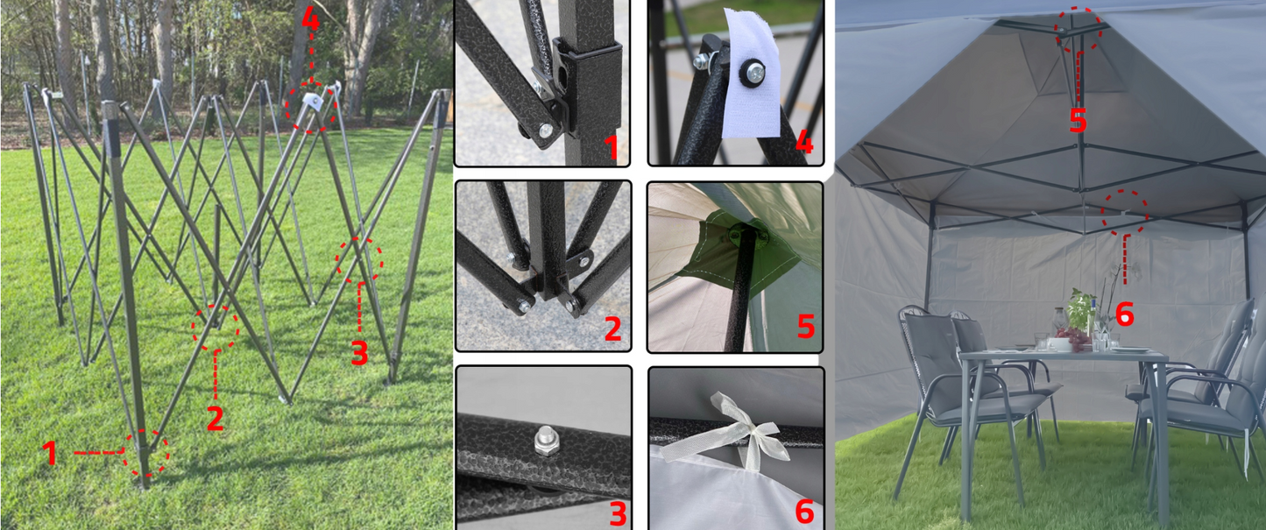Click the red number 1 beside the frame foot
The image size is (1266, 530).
click(x=50, y=453)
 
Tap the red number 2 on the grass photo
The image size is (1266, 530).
click(x=215, y=419)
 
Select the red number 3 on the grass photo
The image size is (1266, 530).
click(x=359, y=353)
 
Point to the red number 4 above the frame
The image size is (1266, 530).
click(x=310, y=18)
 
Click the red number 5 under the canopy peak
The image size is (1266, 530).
click(x=1078, y=120)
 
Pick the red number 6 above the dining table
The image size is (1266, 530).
click(x=1125, y=314)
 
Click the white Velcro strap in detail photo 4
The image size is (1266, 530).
click(x=753, y=74)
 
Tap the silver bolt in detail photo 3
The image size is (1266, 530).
click(x=547, y=441)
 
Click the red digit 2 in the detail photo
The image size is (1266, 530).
click(x=613, y=329)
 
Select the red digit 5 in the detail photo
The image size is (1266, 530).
click(x=806, y=326)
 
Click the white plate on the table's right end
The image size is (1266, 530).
click(x=1130, y=350)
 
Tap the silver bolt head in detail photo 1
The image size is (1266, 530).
click(x=546, y=131)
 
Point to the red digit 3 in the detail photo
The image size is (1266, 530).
click(x=619, y=513)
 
